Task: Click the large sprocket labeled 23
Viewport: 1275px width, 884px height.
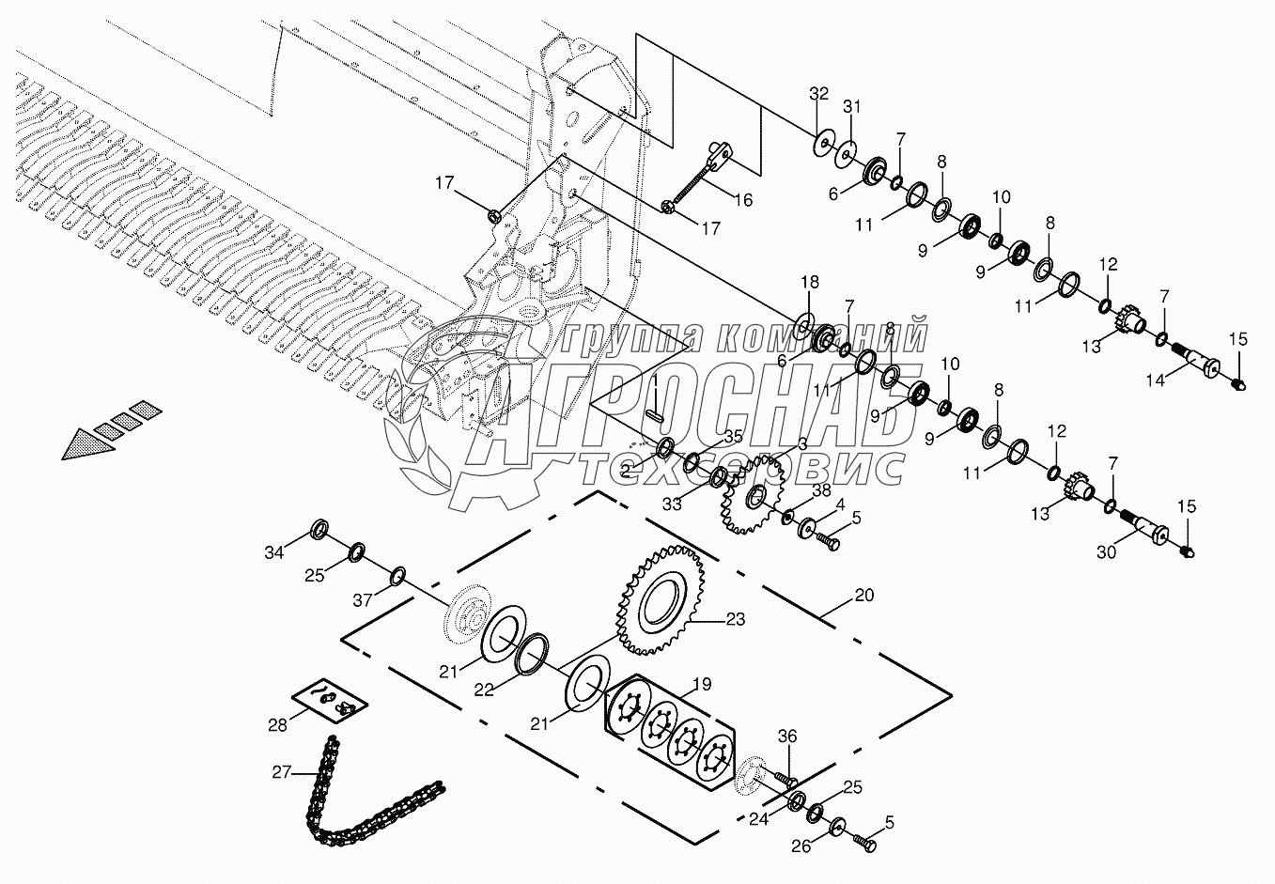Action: tap(663, 601)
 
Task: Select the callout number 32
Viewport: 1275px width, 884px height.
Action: tap(819, 93)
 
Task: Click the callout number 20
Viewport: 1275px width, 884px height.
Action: tap(863, 596)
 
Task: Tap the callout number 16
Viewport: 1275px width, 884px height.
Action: tap(742, 199)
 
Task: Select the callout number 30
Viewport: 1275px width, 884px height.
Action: tap(1106, 552)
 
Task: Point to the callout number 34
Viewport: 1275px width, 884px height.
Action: tap(273, 552)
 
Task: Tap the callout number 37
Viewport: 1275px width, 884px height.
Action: tap(362, 600)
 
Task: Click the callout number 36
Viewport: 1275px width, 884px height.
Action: tap(786, 738)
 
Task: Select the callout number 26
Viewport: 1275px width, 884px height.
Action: tap(801, 845)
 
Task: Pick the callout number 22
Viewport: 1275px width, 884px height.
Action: tap(483, 689)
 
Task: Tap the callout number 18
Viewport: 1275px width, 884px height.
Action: tap(809, 283)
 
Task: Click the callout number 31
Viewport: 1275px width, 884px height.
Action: tap(851, 107)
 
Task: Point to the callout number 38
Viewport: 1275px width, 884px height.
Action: tap(821, 490)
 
